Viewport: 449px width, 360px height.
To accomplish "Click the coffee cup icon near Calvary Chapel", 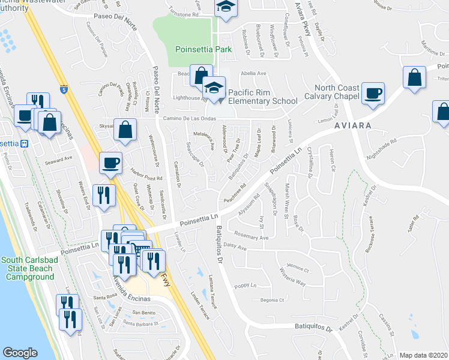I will point(373,94).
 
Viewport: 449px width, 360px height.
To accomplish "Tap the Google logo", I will point(20,353).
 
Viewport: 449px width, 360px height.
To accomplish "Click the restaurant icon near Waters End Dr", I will point(105,195).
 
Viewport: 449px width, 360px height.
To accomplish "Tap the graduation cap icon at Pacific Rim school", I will point(212,88).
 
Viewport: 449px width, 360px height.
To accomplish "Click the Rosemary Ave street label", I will point(251,237).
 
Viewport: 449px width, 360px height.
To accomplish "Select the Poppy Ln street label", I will point(245,286).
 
